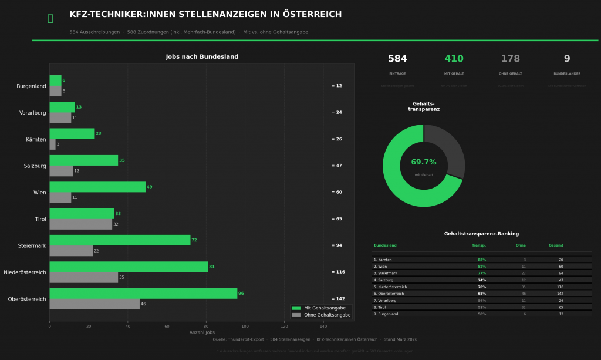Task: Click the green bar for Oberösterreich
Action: (143, 294)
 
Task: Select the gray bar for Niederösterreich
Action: (83, 278)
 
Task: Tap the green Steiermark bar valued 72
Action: (120, 240)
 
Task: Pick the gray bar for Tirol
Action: (80, 224)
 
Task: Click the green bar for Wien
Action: (97, 187)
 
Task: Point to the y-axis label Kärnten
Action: (36, 139)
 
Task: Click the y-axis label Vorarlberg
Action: (32, 113)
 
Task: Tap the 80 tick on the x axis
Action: (206, 326)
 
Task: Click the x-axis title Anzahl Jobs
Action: (202, 332)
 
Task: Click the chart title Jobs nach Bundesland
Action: (202, 57)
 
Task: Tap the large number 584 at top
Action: (397, 59)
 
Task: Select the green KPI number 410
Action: (454, 59)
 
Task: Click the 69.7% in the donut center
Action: (423, 162)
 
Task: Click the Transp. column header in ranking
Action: (478, 245)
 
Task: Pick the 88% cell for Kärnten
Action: (482, 260)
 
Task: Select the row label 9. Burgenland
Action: (386, 314)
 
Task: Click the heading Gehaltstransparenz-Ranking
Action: (481, 234)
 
